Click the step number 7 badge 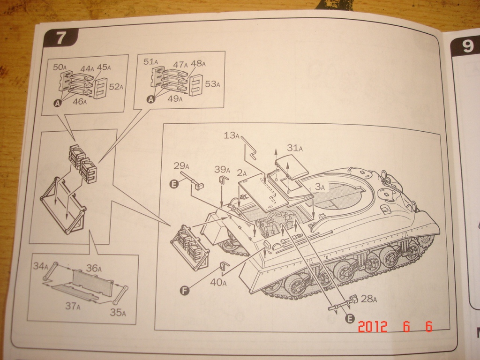[60, 38]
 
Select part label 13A [232, 136]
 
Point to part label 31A [295, 148]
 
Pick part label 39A [222, 169]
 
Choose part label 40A [218, 282]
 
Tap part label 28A [368, 299]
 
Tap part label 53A [212, 84]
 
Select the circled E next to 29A [174, 184]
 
